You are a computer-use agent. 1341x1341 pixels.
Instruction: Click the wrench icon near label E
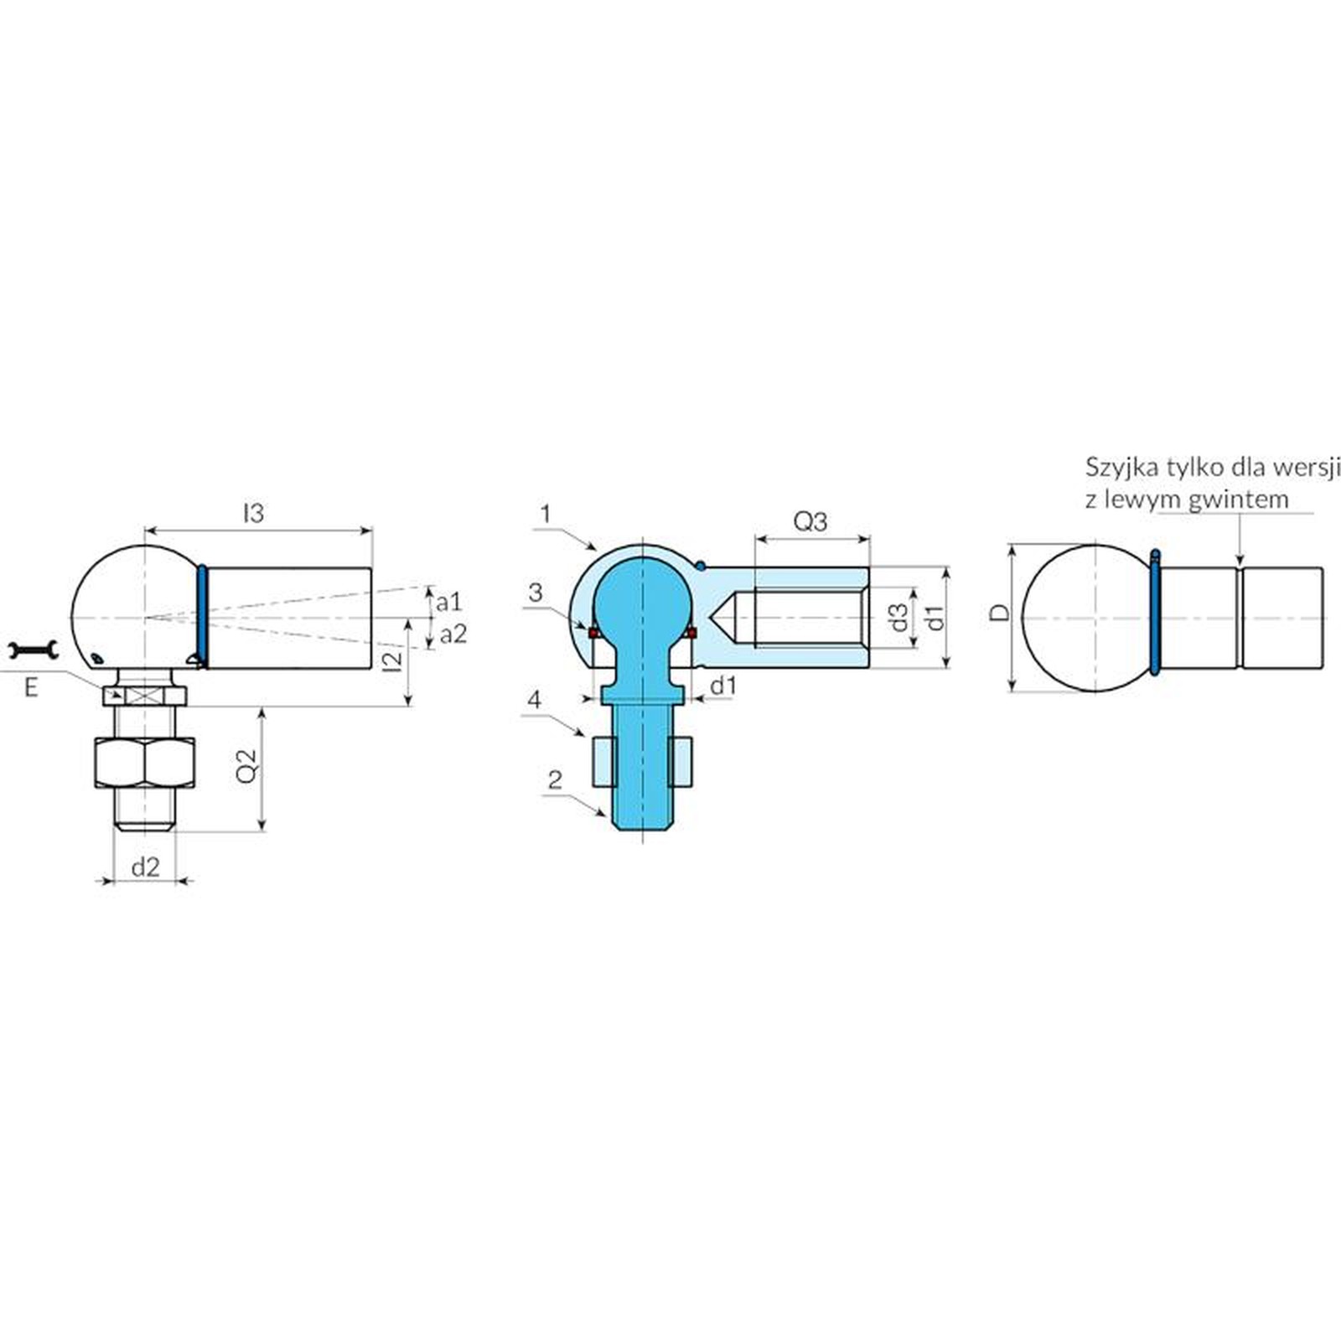coord(33,650)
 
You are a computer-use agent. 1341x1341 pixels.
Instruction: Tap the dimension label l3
coord(253,512)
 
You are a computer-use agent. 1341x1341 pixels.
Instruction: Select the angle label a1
coord(449,601)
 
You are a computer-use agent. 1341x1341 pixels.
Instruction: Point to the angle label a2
coord(453,634)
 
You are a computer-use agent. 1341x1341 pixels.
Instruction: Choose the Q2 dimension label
coord(247,764)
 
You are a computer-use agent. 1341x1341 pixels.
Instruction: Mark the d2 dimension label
coord(145,867)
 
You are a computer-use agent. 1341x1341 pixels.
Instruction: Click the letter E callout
coord(32,688)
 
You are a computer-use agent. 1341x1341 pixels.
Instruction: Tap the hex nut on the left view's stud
coord(144,764)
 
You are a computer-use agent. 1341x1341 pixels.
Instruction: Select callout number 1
coord(546,513)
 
